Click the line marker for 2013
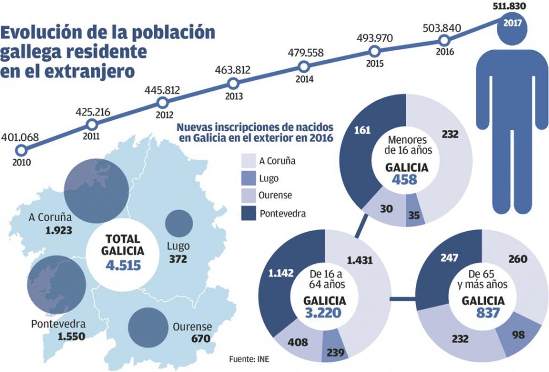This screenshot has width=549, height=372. click(x=233, y=84)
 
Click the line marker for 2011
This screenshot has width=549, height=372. click(x=92, y=124)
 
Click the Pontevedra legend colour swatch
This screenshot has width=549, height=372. click(x=248, y=213)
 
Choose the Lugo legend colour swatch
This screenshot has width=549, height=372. click(x=248, y=178)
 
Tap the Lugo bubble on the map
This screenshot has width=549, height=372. click(x=179, y=223)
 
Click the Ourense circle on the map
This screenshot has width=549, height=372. click(x=147, y=327)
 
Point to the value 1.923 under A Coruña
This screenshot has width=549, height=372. click(x=59, y=230)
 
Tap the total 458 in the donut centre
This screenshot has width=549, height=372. click(x=404, y=180)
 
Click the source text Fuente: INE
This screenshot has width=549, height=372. click(x=249, y=359)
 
